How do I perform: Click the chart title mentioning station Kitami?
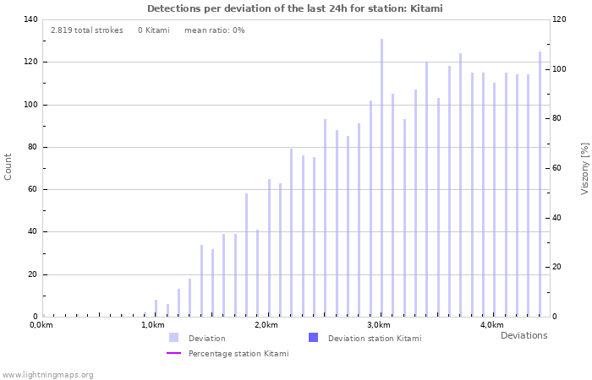[295, 8]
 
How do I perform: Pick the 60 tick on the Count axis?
[31, 189]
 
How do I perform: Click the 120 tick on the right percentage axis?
[560, 19]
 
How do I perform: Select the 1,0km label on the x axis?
[152, 325]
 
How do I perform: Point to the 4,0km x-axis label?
[491, 325]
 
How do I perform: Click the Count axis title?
[8, 166]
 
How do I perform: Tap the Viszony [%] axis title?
[584, 168]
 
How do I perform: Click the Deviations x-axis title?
[523, 336]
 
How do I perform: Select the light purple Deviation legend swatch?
[173, 338]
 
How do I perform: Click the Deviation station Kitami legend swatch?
[313, 338]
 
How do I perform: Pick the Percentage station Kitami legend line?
[173, 353]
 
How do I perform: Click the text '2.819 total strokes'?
[86, 30]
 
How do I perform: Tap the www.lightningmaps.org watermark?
[47, 375]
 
